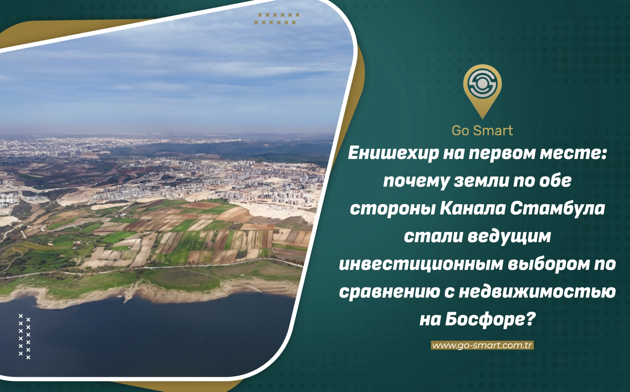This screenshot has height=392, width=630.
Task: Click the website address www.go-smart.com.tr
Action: [x=482, y=345]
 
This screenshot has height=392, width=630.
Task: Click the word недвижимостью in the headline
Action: [x=538, y=292]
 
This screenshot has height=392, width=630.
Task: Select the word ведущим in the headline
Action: [x=509, y=237]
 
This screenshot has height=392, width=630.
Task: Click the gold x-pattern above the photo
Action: [x=277, y=18]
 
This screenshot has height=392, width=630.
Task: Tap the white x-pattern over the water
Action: [x=24, y=337]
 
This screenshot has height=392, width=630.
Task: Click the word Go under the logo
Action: [x=461, y=131]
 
